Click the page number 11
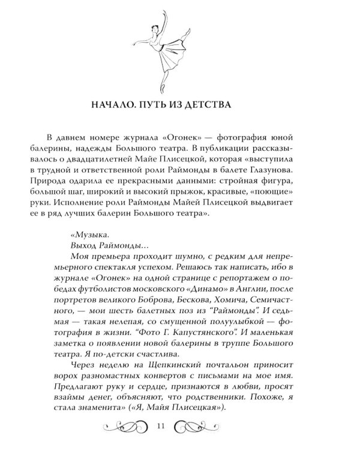click(x=160, y=427)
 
